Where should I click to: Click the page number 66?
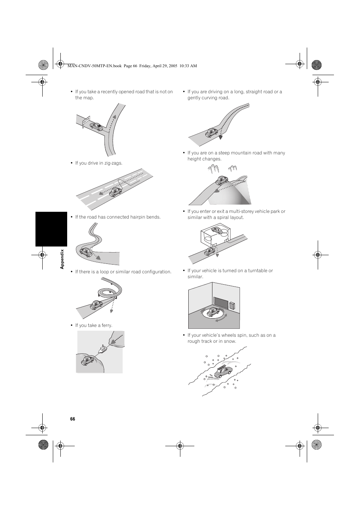(72, 419)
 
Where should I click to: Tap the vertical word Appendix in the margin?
(63, 259)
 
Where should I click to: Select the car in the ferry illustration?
(88, 361)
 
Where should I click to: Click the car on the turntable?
(213, 312)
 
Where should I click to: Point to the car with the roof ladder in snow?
(223, 371)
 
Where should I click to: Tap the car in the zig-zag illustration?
(115, 192)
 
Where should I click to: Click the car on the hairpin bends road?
(86, 251)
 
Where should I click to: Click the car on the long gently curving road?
(212, 133)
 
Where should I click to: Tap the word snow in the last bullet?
(231, 341)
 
